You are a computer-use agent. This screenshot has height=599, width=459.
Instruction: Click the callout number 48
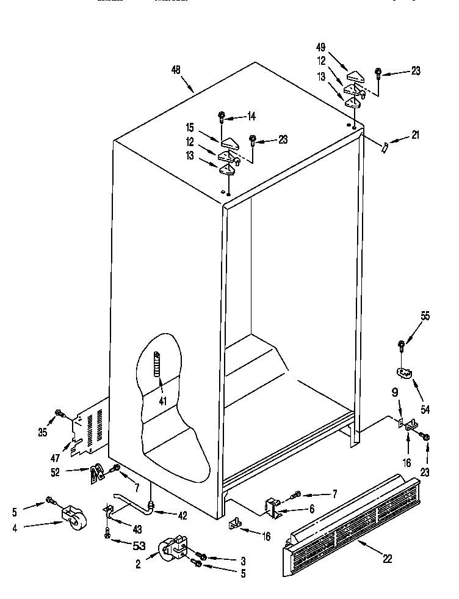176,70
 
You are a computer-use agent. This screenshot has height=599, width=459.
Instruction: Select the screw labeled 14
223,116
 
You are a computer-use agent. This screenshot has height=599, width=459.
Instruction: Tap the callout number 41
162,402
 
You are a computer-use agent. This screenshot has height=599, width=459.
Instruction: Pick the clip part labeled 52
95,473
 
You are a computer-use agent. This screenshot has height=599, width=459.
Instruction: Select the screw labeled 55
402,345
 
